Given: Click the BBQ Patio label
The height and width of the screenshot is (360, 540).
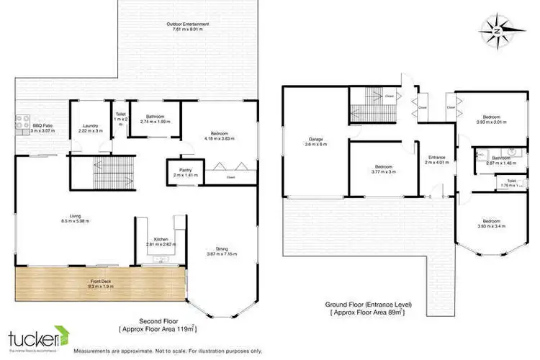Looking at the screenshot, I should tap(42, 128).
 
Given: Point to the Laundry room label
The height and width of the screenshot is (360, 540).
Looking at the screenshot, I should tap(90, 128).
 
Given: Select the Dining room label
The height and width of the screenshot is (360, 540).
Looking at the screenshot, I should tap(222, 251).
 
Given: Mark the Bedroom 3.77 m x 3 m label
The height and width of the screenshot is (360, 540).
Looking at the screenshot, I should tap(382, 169).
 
